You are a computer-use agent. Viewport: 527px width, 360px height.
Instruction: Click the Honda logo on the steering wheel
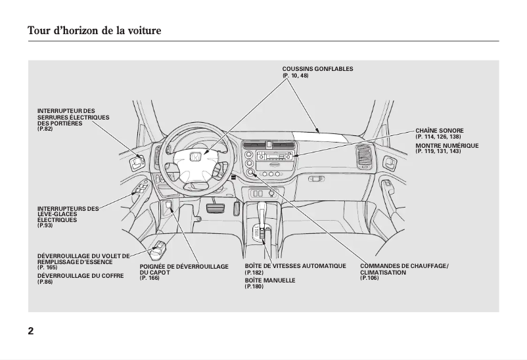(x=195, y=158)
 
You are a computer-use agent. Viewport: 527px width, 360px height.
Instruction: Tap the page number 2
(x=31, y=330)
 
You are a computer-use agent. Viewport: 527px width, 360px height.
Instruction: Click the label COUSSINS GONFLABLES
(x=317, y=69)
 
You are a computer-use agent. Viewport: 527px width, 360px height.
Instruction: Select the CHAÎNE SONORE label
(x=439, y=131)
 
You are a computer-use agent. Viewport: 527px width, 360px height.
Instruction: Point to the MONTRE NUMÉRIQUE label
(x=447, y=145)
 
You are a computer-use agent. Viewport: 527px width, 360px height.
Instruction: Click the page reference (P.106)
(x=369, y=279)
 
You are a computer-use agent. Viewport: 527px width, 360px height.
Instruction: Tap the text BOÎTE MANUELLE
(x=269, y=281)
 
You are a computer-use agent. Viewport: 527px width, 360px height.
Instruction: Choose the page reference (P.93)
(x=45, y=225)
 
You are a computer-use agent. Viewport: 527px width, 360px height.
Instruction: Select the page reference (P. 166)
(x=150, y=279)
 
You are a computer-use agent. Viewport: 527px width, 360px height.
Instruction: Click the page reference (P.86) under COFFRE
(x=45, y=282)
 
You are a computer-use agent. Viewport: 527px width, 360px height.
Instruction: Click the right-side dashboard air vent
(x=362, y=157)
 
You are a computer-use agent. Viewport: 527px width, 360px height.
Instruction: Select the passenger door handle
(x=390, y=162)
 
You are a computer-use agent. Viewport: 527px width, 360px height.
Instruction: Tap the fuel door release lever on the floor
(x=160, y=250)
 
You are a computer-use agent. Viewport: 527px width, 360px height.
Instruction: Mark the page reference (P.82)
(x=45, y=129)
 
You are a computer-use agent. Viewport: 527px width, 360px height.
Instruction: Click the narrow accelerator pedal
(x=235, y=209)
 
